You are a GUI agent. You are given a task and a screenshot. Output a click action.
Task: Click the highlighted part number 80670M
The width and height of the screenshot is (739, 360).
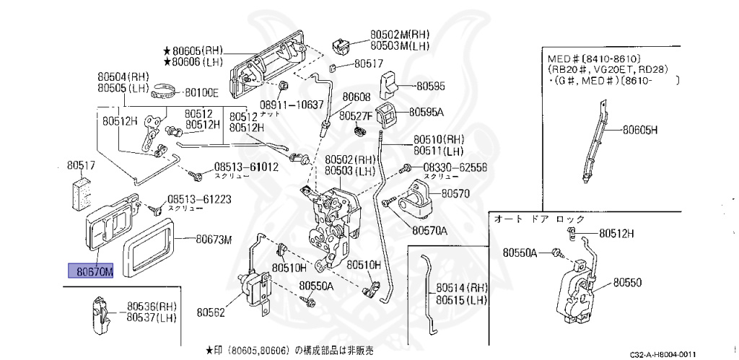tap(90, 271)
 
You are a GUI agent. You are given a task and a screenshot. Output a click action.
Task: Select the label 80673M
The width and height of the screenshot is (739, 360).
tap(214, 240)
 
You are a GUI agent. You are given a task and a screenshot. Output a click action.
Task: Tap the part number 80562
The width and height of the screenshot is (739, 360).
tap(211, 312)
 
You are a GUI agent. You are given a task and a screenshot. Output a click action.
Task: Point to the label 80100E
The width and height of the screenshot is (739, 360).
tap(201, 92)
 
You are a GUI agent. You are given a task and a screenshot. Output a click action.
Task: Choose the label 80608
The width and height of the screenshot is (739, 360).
tap(356, 97)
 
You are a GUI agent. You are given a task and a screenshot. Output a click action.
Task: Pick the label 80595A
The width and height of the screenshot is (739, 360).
tap(427, 112)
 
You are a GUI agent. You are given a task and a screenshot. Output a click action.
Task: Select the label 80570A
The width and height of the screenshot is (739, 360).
tap(429, 231)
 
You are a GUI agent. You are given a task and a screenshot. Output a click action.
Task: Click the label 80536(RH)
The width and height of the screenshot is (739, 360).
tap(152, 306)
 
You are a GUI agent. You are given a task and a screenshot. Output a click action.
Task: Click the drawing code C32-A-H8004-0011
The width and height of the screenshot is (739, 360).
tap(663, 354)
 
